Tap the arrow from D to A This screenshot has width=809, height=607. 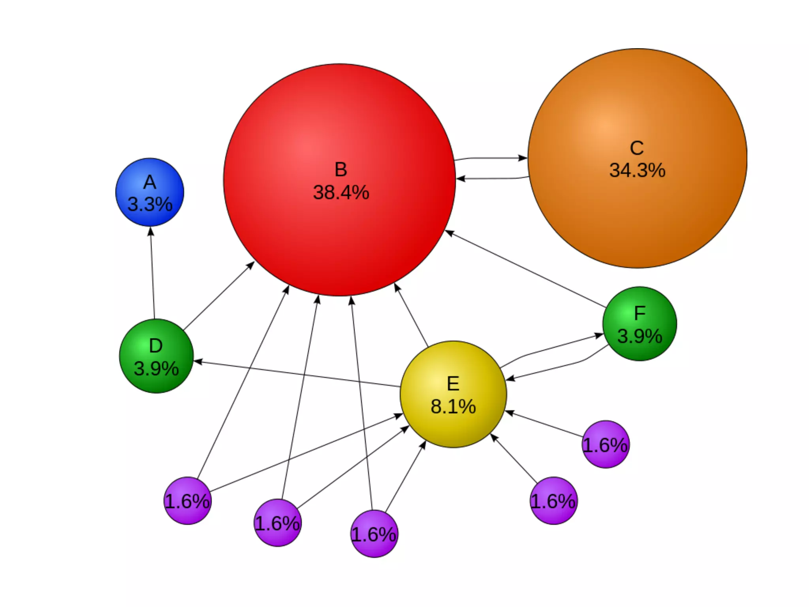(152, 273)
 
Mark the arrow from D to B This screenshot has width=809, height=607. (218, 296)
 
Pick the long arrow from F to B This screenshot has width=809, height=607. (525, 270)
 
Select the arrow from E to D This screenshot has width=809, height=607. (296, 373)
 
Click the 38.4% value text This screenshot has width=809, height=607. (341, 193)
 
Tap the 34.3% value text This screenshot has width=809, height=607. (637, 170)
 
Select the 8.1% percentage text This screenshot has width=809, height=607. (453, 407)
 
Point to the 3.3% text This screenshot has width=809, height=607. (150, 204)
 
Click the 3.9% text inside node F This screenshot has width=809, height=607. (640, 336)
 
